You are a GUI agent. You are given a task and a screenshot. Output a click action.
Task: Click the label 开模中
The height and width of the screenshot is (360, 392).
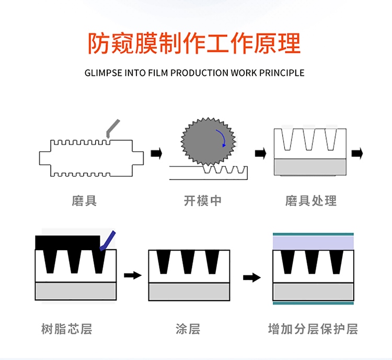point(202,200)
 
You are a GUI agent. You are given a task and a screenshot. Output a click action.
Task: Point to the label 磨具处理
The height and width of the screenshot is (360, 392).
point(311,200)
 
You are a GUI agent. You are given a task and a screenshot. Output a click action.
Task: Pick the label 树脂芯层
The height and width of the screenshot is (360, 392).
point(66,329)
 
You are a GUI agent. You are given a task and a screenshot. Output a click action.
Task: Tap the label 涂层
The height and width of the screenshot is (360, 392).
point(188,329)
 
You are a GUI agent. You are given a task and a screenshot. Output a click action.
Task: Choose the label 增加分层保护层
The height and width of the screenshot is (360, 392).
point(313,329)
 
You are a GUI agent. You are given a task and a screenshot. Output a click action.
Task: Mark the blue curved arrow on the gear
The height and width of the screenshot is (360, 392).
point(224,140)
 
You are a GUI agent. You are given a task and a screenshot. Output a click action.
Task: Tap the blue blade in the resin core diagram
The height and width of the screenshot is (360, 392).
point(108,240)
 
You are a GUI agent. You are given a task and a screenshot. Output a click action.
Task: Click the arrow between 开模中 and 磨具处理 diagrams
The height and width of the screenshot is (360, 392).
point(260,153)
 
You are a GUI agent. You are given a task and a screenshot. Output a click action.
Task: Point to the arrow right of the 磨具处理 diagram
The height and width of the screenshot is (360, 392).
point(357,153)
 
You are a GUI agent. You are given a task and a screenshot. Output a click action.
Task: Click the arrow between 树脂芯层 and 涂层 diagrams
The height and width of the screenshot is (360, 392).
point(133,275)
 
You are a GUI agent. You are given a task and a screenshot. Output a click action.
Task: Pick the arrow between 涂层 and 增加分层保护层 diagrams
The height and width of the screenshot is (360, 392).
point(252,277)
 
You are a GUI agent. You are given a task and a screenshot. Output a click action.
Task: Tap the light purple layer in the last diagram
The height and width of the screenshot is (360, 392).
point(313,242)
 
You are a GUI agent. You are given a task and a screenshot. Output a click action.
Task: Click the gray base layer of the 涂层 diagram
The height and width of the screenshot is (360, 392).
point(189,291)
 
